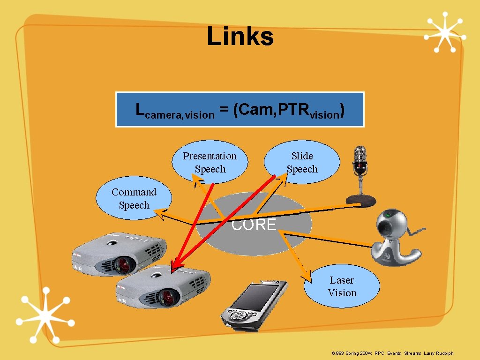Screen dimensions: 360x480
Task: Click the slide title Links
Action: [x=240, y=37]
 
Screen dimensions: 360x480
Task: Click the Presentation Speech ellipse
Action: [x=210, y=162]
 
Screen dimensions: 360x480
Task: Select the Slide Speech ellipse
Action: [x=302, y=162]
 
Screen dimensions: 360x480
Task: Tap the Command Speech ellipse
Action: [x=134, y=198]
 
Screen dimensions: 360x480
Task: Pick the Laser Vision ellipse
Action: [x=342, y=286]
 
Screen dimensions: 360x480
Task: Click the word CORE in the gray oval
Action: [x=254, y=225]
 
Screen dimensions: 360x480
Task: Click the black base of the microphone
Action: [x=361, y=201]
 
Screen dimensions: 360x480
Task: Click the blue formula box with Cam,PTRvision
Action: [x=240, y=110]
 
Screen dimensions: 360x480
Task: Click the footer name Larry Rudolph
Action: [x=439, y=353]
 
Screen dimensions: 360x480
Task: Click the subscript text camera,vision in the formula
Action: [x=180, y=115]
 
